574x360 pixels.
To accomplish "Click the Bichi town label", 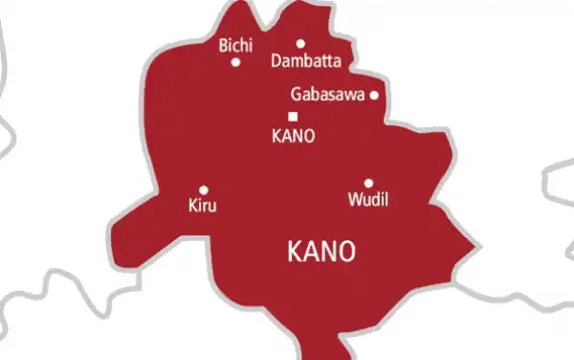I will pyautogui.click(x=236, y=45).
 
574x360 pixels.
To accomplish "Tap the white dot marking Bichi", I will pyautogui.click(x=235, y=63).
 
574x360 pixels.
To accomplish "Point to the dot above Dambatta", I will pyautogui.click(x=300, y=43).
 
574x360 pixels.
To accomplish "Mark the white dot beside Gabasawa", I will pyautogui.click(x=374, y=95).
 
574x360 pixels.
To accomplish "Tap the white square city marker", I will pyautogui.click(x=293, y=117).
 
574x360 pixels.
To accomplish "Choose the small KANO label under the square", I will pyautogui.click(x=293, y=136).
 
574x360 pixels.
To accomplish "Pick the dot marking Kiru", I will pyautogui.click(x=204, y=190).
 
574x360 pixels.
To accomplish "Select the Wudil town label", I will pyautogui.click(x=369, y=199).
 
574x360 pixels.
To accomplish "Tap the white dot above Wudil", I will pyautogui.click(x=368, y=183).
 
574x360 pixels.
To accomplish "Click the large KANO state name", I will pyautogui.click(x=321, y=252).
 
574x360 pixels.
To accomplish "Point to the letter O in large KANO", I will pyautogui.click(x=346, y=252).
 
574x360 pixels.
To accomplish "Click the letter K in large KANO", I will pyautogui.click(x=294, y=252).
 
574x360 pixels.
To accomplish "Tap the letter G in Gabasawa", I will pyautogui.click(x=295, y=95).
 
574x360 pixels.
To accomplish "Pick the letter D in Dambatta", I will pyautogui.click(x=277, y=60).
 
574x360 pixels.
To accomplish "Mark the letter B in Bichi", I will pyautogui.click(x=224, y=45).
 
